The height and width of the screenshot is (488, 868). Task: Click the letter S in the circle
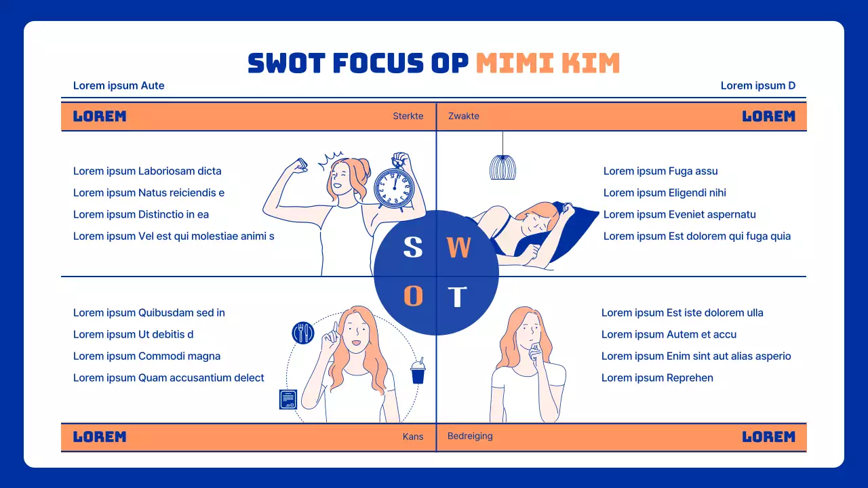[413, 247]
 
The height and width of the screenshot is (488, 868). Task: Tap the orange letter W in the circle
[458, 248]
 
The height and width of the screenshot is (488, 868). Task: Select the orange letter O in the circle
[414, 296]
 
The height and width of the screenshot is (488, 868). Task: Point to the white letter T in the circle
[458, 297]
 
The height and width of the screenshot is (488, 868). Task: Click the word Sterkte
[408, 116]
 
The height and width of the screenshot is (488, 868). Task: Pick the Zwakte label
[464, 116]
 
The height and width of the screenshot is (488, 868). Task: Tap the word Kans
[413, 436]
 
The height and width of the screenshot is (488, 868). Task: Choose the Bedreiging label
[470, 436]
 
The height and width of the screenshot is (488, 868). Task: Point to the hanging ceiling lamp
[502, 166]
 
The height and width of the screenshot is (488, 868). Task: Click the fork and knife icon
[303, 333]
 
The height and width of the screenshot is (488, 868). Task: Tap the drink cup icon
[418, 371]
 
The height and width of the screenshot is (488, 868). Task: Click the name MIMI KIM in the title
[548, 63]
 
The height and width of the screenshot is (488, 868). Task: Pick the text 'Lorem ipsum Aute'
[119, 85]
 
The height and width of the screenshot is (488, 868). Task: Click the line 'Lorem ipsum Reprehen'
[657, 378]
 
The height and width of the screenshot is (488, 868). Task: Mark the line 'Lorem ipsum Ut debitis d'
[134, 334]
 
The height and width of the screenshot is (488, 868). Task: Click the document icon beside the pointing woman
[289, 399]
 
